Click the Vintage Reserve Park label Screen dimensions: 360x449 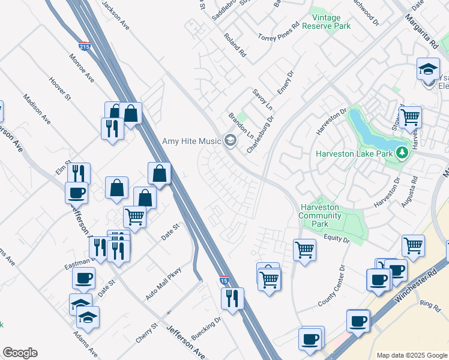click(326, 22)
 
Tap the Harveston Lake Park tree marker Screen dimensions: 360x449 click(402, 154)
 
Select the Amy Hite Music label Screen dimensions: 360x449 click(191, 142)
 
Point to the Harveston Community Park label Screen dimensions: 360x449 click(320, 216)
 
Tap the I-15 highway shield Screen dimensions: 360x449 click(223, 280)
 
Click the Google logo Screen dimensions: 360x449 click(20, 353)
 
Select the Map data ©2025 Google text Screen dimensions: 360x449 click(412, 355)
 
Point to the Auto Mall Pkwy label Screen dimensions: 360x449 click(163, 284)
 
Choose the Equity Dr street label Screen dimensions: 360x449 click(338, 239)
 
